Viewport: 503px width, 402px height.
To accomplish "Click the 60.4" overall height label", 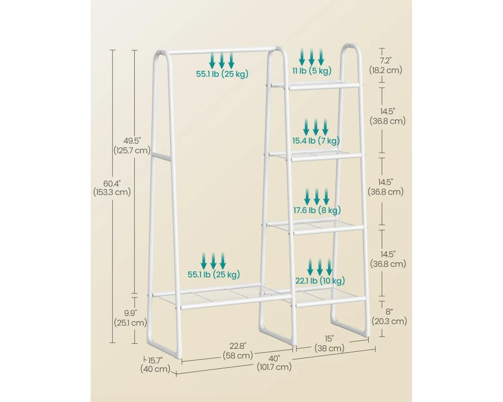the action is tap(112, 188).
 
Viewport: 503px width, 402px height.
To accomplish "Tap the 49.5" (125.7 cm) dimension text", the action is tap(132, 146).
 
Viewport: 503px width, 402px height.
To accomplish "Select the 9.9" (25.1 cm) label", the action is tap(130, 318).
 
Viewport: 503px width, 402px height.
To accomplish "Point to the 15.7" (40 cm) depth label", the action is tap(155, 365).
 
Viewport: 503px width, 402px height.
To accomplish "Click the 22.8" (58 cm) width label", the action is tap(238, 351).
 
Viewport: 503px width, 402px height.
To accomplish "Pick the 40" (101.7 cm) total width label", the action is tap(274, 363).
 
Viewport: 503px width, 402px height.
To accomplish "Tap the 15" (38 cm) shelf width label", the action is tap(329, 343).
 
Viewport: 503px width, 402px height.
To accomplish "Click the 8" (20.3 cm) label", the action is tap(389, 317).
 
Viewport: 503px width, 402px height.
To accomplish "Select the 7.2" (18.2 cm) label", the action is tap(386, 65).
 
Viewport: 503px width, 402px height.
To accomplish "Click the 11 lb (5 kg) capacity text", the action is tap(311, 70).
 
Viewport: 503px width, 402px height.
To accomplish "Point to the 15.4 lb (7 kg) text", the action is tap(316, 140).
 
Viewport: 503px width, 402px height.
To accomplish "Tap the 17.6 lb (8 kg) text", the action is tap(317, 211).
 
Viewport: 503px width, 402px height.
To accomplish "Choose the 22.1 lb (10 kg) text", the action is tap(320, 281).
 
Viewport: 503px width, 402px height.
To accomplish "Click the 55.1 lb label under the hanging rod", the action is tap(222, 74).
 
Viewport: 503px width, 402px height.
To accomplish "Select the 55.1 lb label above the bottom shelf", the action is tap(214, 274).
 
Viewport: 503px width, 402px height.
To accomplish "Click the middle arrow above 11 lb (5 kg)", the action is tap(311, 57).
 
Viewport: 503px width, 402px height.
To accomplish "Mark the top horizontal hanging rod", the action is tap(221, 51).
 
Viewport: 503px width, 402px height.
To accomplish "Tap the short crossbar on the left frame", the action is tap(161, 156).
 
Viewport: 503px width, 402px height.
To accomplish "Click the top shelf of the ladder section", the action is tap(316, 85).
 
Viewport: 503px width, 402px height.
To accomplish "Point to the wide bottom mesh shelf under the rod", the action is tap(221, 296).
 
